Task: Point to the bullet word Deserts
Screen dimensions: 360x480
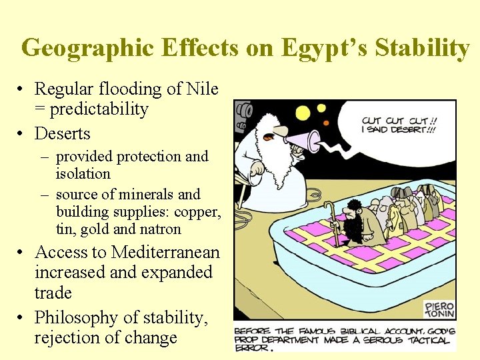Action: (x=62, y=133)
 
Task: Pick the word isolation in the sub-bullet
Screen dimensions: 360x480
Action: (x=83, y=173)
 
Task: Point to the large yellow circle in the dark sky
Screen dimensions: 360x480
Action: (x=303, y=113)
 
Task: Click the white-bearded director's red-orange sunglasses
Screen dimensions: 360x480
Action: (x=268, y=137)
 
